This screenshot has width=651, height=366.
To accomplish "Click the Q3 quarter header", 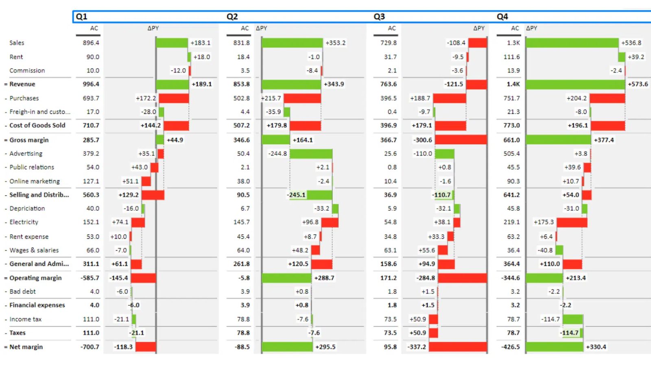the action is (379, 17).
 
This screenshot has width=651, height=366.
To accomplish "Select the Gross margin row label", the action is (29, 140).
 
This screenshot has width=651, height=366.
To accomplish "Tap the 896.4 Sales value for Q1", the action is (91, 43).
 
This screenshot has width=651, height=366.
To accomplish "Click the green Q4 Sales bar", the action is (572, 43).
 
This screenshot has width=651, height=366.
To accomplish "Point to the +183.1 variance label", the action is (201, 43).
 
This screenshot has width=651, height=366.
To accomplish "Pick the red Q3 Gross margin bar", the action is (461, 140).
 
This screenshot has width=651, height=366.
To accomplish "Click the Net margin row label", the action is (26, 347).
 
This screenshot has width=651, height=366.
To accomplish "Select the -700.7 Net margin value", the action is (90, 347).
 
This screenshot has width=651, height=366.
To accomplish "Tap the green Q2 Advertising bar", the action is (311, 154).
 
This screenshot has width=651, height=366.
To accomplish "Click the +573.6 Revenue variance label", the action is (638, 84).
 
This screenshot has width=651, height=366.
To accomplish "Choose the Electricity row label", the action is (24, 222).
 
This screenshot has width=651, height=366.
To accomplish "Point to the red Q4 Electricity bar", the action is (572, 222).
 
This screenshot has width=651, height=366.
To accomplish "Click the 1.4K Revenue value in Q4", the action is (513, 84).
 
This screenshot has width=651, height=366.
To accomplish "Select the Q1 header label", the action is (81, 17).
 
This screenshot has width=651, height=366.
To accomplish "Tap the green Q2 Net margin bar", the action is (287, 346).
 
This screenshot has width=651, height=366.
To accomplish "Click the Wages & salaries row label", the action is (34, 250).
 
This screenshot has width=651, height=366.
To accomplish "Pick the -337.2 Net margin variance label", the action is (417, 347).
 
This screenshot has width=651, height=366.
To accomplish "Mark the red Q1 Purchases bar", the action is (174, 98).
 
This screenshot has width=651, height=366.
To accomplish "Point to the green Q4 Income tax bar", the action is (573, 319).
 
